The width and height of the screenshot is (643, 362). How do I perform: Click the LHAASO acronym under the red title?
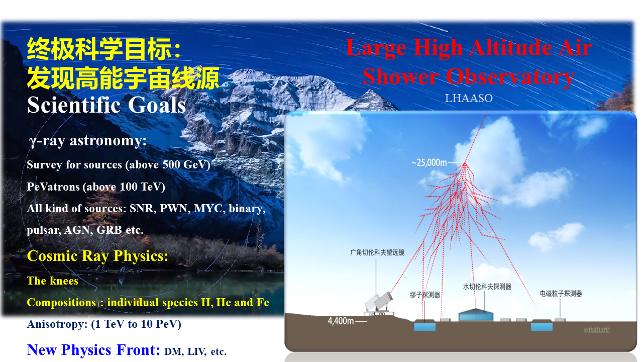coord(469,98)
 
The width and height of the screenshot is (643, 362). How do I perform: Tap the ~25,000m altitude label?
coord(429,163)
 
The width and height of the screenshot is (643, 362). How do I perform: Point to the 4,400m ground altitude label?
coord(341,321)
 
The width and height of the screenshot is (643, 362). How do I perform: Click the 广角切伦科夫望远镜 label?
coord(377,252)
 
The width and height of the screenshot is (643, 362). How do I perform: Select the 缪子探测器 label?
coord(425,295)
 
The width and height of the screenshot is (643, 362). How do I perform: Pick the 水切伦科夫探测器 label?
coord(487,287)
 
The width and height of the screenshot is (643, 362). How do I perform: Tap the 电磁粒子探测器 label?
coord(561,293)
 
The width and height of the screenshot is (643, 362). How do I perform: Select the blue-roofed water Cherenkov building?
coord(476,315)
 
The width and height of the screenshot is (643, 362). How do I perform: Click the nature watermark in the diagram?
coord(596,330)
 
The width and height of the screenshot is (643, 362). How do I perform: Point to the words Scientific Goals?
coord(106,105)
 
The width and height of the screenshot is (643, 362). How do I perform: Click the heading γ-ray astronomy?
coord(88,141)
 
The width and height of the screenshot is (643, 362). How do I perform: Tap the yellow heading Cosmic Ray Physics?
coord(97,256)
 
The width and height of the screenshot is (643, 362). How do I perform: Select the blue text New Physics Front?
coord(93,350)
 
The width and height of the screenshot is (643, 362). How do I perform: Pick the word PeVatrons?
coord(53,187)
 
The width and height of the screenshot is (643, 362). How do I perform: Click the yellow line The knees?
coord(53,281)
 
